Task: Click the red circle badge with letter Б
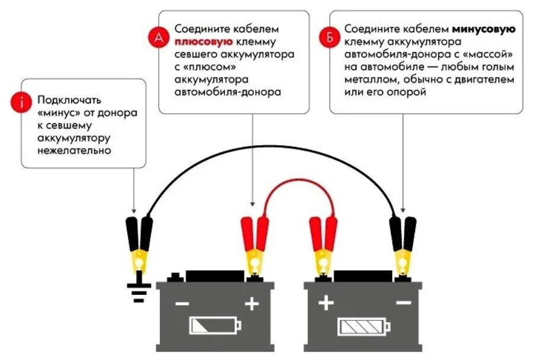click(x=329, y=38)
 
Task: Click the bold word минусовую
click(x=484, y=29)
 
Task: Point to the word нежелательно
click(x=74, y=150)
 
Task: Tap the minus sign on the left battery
click(x=182, y=304)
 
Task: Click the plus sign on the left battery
click(x=252, y=304)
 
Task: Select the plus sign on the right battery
click(x=326, y=304)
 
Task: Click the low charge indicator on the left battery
click(x=215, y=325)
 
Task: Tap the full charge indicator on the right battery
click(x=363, y=326)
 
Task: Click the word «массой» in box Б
click(x=489, y=54)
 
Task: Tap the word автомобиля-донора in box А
click(x=227, y=92)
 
